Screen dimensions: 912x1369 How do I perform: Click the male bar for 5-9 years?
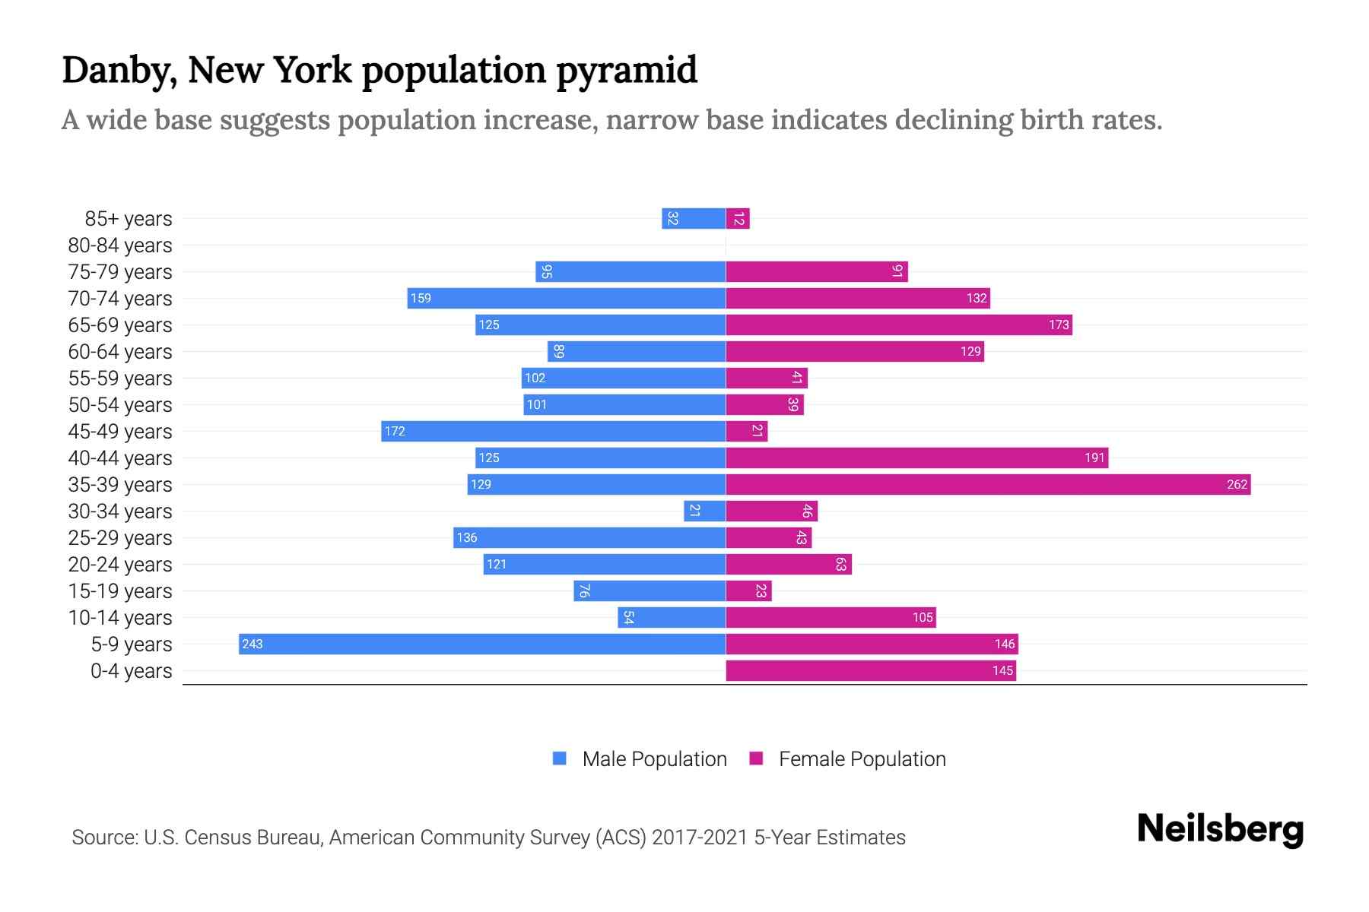(x=481, y=644)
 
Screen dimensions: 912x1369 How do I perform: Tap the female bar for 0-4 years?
(x=870, y=670)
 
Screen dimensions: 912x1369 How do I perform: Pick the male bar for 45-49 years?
(x=553, y=431)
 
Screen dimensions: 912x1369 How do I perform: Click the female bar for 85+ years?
(x=738, y=218)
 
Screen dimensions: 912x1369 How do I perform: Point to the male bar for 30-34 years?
(x=704, y=511)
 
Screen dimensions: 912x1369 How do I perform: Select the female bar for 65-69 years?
(x=898, y=325)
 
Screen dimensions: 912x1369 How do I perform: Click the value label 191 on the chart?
(x=1094, y=458)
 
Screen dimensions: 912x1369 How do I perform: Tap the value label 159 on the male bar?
(x=421, y=298)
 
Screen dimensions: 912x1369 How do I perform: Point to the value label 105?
(x=922, y=617)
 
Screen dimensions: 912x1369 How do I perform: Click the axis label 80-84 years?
(x=120, y=245)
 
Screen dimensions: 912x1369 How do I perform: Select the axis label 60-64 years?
(x=120, y=352)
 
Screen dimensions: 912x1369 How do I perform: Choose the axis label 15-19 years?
(x=120, y=591)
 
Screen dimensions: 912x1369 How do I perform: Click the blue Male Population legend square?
(x=560, y=758)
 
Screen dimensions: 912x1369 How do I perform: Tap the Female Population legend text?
(x=862, y=758)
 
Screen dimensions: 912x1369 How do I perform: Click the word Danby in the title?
(x=119, y=71)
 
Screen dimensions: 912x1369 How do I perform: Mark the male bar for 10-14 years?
(x=671, y=617)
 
